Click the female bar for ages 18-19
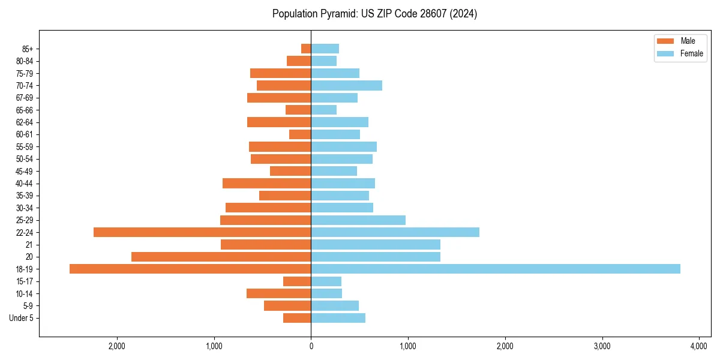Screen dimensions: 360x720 [x=495, y=269]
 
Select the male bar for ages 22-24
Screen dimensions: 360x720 [x=202, y=232]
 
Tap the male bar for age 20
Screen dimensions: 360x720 [x=221, y=257]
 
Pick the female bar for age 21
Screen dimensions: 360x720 [x=376, y=244]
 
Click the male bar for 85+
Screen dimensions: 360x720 [x=306, y=49]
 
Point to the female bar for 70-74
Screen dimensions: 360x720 [x=346, y=85]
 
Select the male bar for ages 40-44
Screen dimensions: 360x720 [x=266, y=183]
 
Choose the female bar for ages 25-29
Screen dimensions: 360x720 [x=358, y=220]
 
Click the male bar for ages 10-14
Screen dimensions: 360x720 [x=278, y=293]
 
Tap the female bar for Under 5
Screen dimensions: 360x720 [x=338, y=318]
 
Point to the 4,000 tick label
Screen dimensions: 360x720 [x=699, y=346]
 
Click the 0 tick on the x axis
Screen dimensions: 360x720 [x=311, y=346]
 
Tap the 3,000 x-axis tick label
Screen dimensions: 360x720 [x=602, y=346]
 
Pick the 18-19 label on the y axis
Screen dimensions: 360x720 [x=25, y=269]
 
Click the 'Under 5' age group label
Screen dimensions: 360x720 [x=22, y=318]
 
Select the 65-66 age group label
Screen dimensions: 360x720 [x=25, y=110]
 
